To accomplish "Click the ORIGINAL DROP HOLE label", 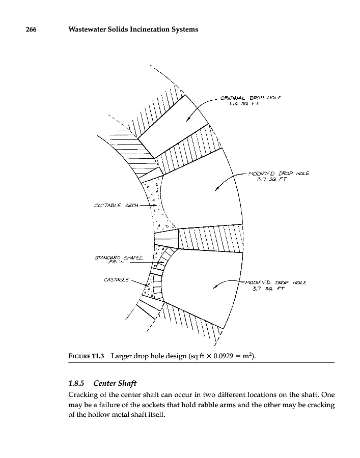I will click(251, 97).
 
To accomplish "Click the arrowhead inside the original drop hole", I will click(187, 120).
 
